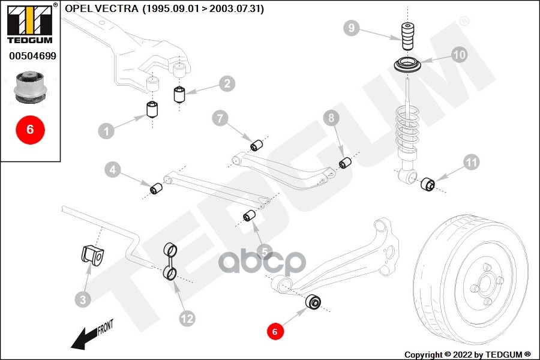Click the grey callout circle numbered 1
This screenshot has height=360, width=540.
click(x=106, y=130)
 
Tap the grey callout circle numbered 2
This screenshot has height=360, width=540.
click(x=226, y=83)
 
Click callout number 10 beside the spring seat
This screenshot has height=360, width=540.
click(x=459, y=55)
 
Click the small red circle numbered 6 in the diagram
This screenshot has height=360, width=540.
click(x=275, y=331)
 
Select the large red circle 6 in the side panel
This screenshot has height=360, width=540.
click(x=30, y=129)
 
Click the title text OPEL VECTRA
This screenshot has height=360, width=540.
click(x=101, y=9)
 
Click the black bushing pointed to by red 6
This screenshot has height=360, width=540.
click(x=313, y=302)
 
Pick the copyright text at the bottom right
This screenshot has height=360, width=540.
click(x=467, y=354)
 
